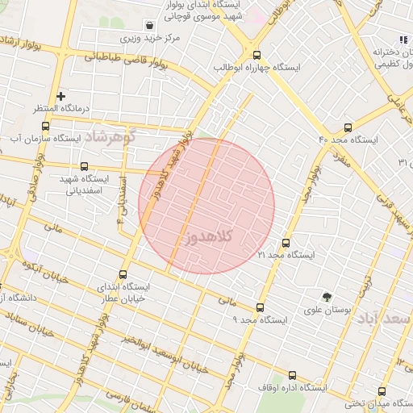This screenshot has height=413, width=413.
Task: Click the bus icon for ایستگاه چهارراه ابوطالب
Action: (x=257, y=55)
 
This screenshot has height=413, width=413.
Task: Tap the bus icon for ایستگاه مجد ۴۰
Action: (x=348, y=127)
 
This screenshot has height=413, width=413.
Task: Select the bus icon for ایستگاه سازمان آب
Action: (x=44, y=126)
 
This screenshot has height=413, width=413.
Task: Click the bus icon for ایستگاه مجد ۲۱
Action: (x=286, y=243)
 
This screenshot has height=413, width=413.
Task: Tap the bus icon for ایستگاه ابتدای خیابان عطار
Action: (x=123, y=274)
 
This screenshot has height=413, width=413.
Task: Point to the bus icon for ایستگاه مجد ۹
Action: (x=260, y=307)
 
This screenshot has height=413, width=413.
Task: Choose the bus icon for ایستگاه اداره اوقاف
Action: (x=292, y=375)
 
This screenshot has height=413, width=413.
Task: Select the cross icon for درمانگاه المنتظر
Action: (x=60, y=96)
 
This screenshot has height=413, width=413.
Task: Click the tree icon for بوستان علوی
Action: (x=327, y=296)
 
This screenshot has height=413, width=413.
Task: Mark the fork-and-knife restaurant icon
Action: (x=402, y=40)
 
